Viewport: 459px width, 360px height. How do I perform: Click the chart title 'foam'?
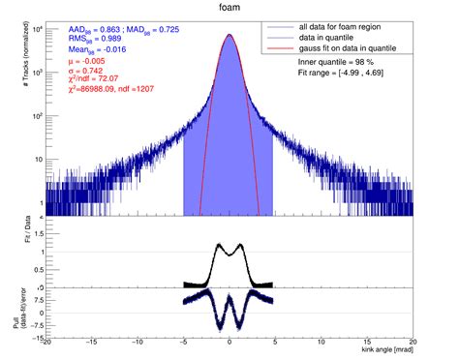coord(229,8)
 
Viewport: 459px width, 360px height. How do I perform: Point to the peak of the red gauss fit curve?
coord(229,35)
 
